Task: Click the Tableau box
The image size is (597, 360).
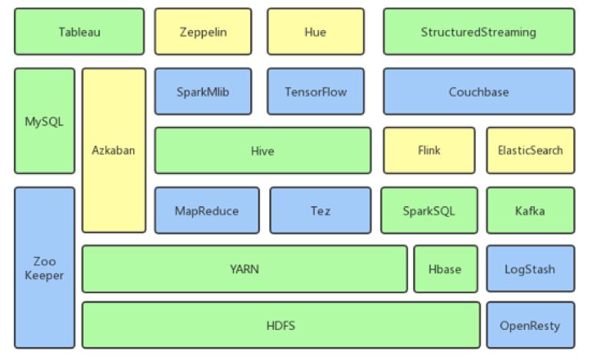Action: point(79,32)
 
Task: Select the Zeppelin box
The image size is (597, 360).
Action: point(203,32)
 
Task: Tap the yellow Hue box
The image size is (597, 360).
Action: point(315,32)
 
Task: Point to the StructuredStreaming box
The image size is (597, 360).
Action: point(479,32)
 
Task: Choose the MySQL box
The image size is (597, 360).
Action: point(45,121)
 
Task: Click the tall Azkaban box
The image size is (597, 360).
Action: point(114,150)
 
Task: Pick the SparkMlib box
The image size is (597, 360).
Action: point(203,92)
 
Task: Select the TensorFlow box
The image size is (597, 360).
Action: point(315,92)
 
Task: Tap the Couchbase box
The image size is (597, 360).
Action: point(479,92)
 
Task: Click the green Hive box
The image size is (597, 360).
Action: point(262,151)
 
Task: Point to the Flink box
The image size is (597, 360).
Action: point(429,150)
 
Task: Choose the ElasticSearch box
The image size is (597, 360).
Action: point(530,150)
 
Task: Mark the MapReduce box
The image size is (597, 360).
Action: point(206,210)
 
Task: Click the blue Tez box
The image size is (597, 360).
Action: point(320,210)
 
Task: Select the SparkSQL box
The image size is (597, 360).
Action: point(429,210)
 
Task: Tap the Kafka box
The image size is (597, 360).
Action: point(530,210)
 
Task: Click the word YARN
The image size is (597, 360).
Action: point(245,269)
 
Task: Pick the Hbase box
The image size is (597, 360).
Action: point(445,269)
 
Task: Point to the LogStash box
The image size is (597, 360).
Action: point(530,269)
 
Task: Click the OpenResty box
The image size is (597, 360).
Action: point(530,325)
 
